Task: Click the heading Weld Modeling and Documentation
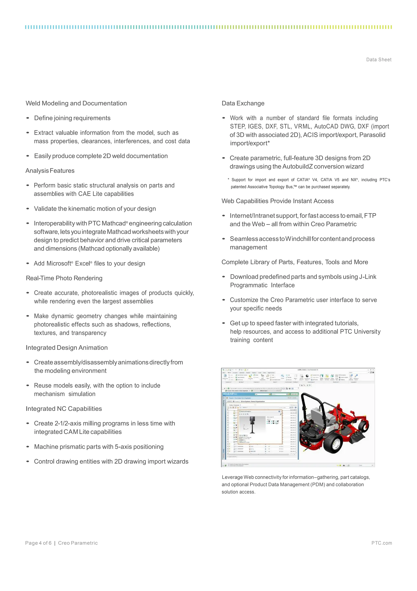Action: (x=76, y=103)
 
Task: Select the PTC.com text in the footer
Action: (x=382, y=543)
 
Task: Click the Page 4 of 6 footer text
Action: (x=38, y=543)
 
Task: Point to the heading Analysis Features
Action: (x=50, y=171)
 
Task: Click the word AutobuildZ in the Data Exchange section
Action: (x=297, y=166)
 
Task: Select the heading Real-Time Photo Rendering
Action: (x=64, y=278)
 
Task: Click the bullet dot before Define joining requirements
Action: (x=28, y=118)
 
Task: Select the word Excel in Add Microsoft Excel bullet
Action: (x=82, y=264)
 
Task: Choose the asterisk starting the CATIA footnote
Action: (x=228, y=179)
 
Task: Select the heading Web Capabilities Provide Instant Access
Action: (x=278, y=201)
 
